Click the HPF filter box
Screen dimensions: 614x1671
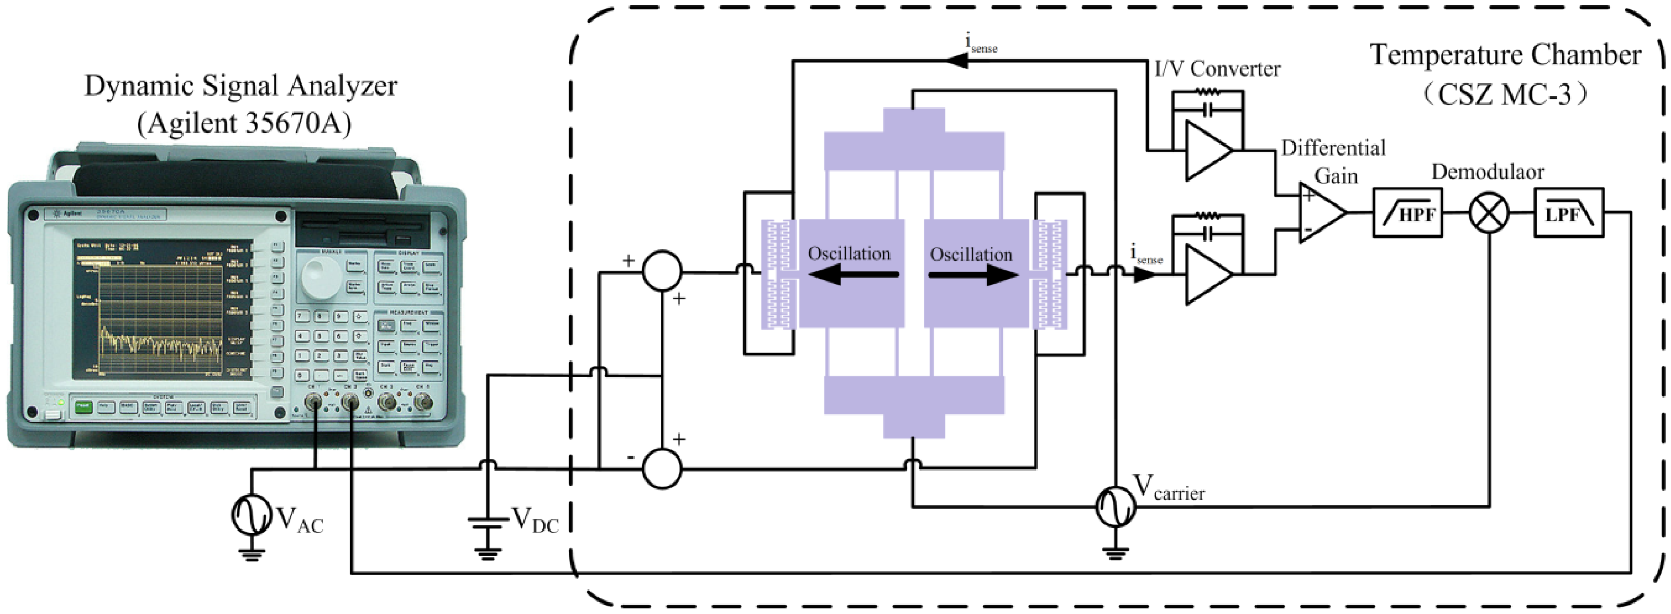pyautogui.click(x=1408, y=213)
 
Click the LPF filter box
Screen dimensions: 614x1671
pyautogui.click(x=1568, y=213)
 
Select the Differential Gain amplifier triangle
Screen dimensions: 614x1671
pyautogui.click(x=1321, y=213)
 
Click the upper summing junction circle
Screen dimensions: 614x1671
pyautogui.click(x=662, y=271)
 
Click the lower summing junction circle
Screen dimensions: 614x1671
pyautogui.click(x=662, y=468)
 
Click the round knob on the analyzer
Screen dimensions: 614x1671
pyautogui.click(x=322, y=278)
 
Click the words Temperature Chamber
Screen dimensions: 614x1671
pyautogui.click(x=1505, y=55)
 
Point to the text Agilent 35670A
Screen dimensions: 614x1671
pyautogui.click(x=244, y=122)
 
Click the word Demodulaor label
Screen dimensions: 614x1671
pyautogui.click(x=1487, y=172)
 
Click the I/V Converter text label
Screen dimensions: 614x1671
pyautogui.click(x=1217, y=69)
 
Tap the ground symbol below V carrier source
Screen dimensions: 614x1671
pyautogui.click(x=1115, y=553)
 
